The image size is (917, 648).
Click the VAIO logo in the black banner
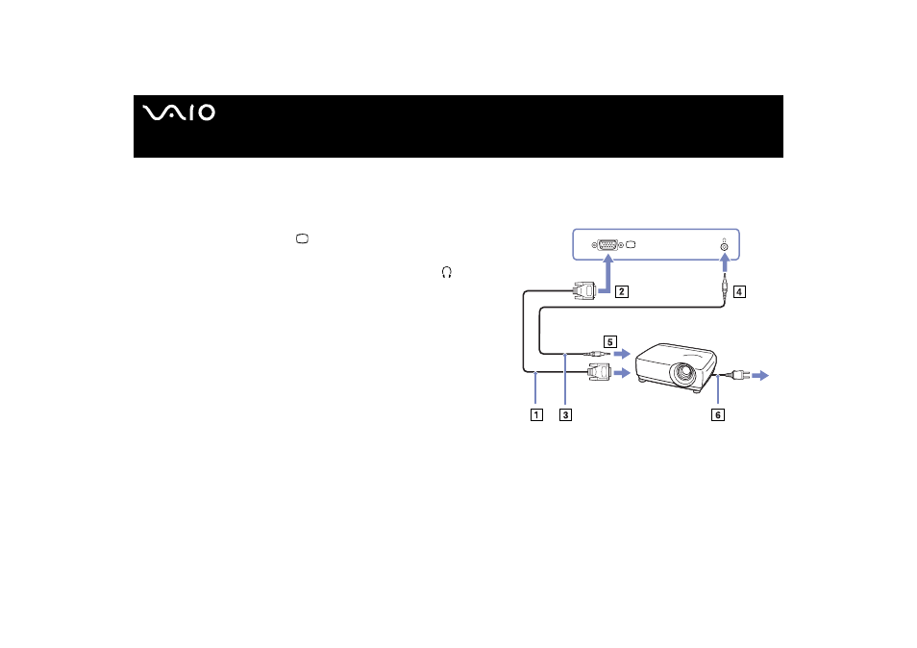coord(179,112)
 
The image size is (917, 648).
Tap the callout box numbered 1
coord(536,414)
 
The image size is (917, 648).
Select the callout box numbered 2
coord(622,291)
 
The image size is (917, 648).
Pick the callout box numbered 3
coord(565,414)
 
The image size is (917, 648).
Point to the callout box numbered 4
coord(739,291)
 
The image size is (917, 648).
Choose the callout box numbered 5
coord(610,341)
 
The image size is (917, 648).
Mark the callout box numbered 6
coord(718,414)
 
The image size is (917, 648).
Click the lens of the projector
coord(683,372)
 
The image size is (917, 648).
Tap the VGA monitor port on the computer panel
coord(607,245)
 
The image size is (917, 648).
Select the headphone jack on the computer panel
coord(724,247)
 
